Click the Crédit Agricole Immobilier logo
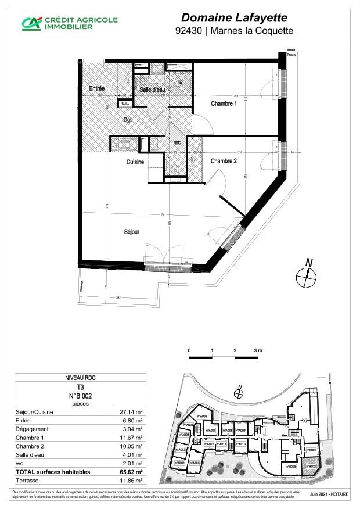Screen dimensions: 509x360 point(70,23)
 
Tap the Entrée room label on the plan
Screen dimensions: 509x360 point(97,88)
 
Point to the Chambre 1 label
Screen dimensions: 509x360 point(224,104)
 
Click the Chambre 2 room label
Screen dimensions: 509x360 point(224,161)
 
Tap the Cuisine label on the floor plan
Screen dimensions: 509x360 point(135,162)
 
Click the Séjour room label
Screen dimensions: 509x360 point(132,232)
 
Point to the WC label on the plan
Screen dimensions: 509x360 point(178,142)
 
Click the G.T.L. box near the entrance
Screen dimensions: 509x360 point(125,103)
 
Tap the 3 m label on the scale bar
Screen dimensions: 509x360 point(257,351)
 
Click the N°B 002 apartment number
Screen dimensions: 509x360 point(77,395)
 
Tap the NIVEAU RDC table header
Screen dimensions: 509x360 point(77,377)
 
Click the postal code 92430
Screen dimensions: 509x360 point(189,31)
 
